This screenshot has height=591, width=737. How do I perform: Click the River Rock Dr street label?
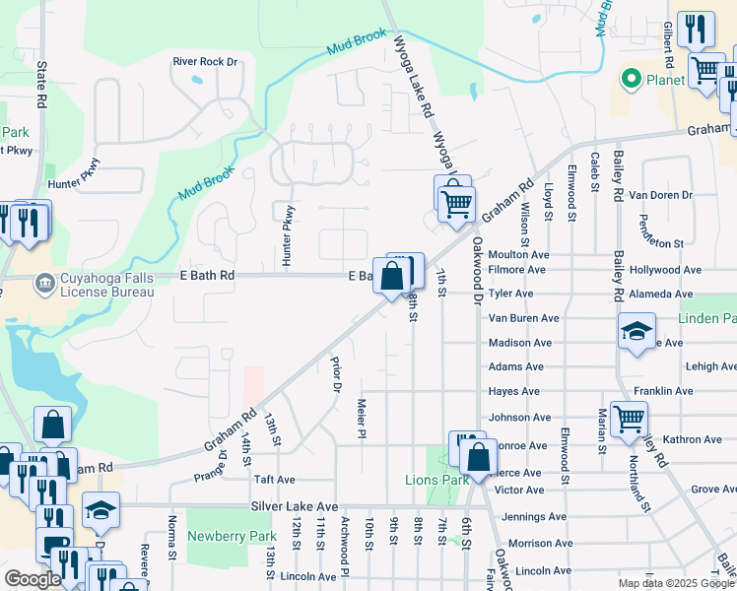205,61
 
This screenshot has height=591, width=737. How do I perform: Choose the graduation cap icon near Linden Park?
636,331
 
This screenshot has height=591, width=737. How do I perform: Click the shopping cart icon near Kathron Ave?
629,419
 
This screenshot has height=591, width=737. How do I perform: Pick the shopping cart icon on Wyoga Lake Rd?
454,203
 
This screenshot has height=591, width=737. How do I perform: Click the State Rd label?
41,87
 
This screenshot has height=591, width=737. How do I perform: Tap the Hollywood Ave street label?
667,269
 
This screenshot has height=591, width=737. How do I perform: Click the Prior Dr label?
335,373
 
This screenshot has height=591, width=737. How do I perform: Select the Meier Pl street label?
362,418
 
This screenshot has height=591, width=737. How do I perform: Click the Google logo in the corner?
33,579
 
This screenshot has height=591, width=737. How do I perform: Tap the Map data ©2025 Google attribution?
676,583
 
